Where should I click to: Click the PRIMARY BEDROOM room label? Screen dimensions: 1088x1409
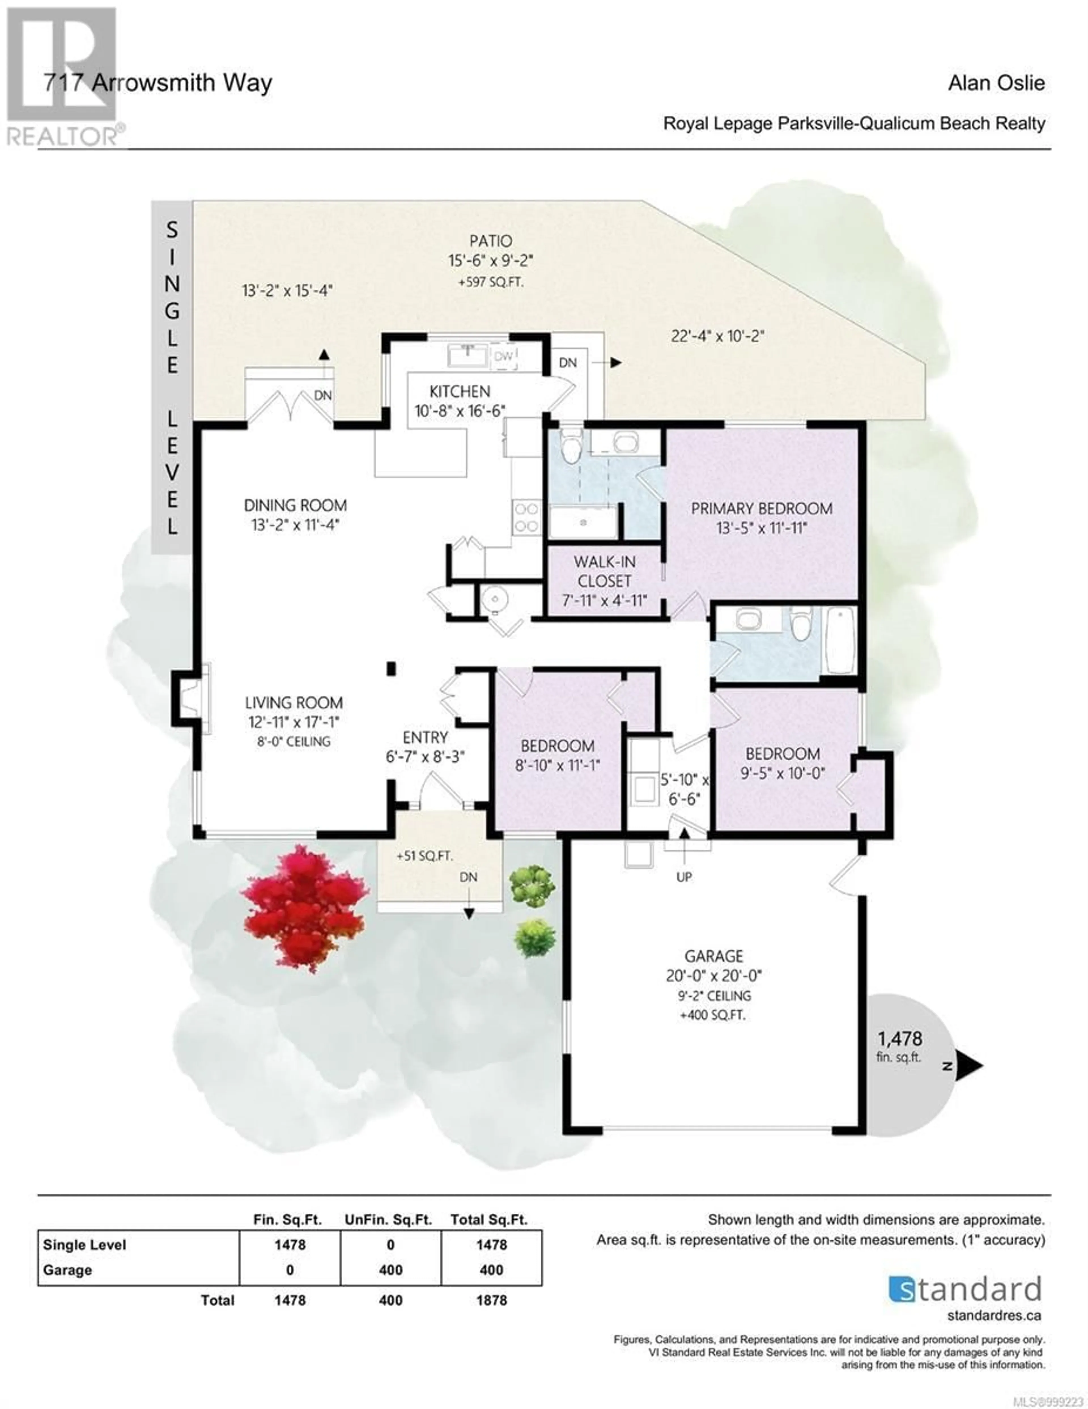(x=762, y=508)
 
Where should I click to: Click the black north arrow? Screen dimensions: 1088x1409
(x=969, y=1066)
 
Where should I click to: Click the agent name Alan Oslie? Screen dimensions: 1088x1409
(x=996, y=82)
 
